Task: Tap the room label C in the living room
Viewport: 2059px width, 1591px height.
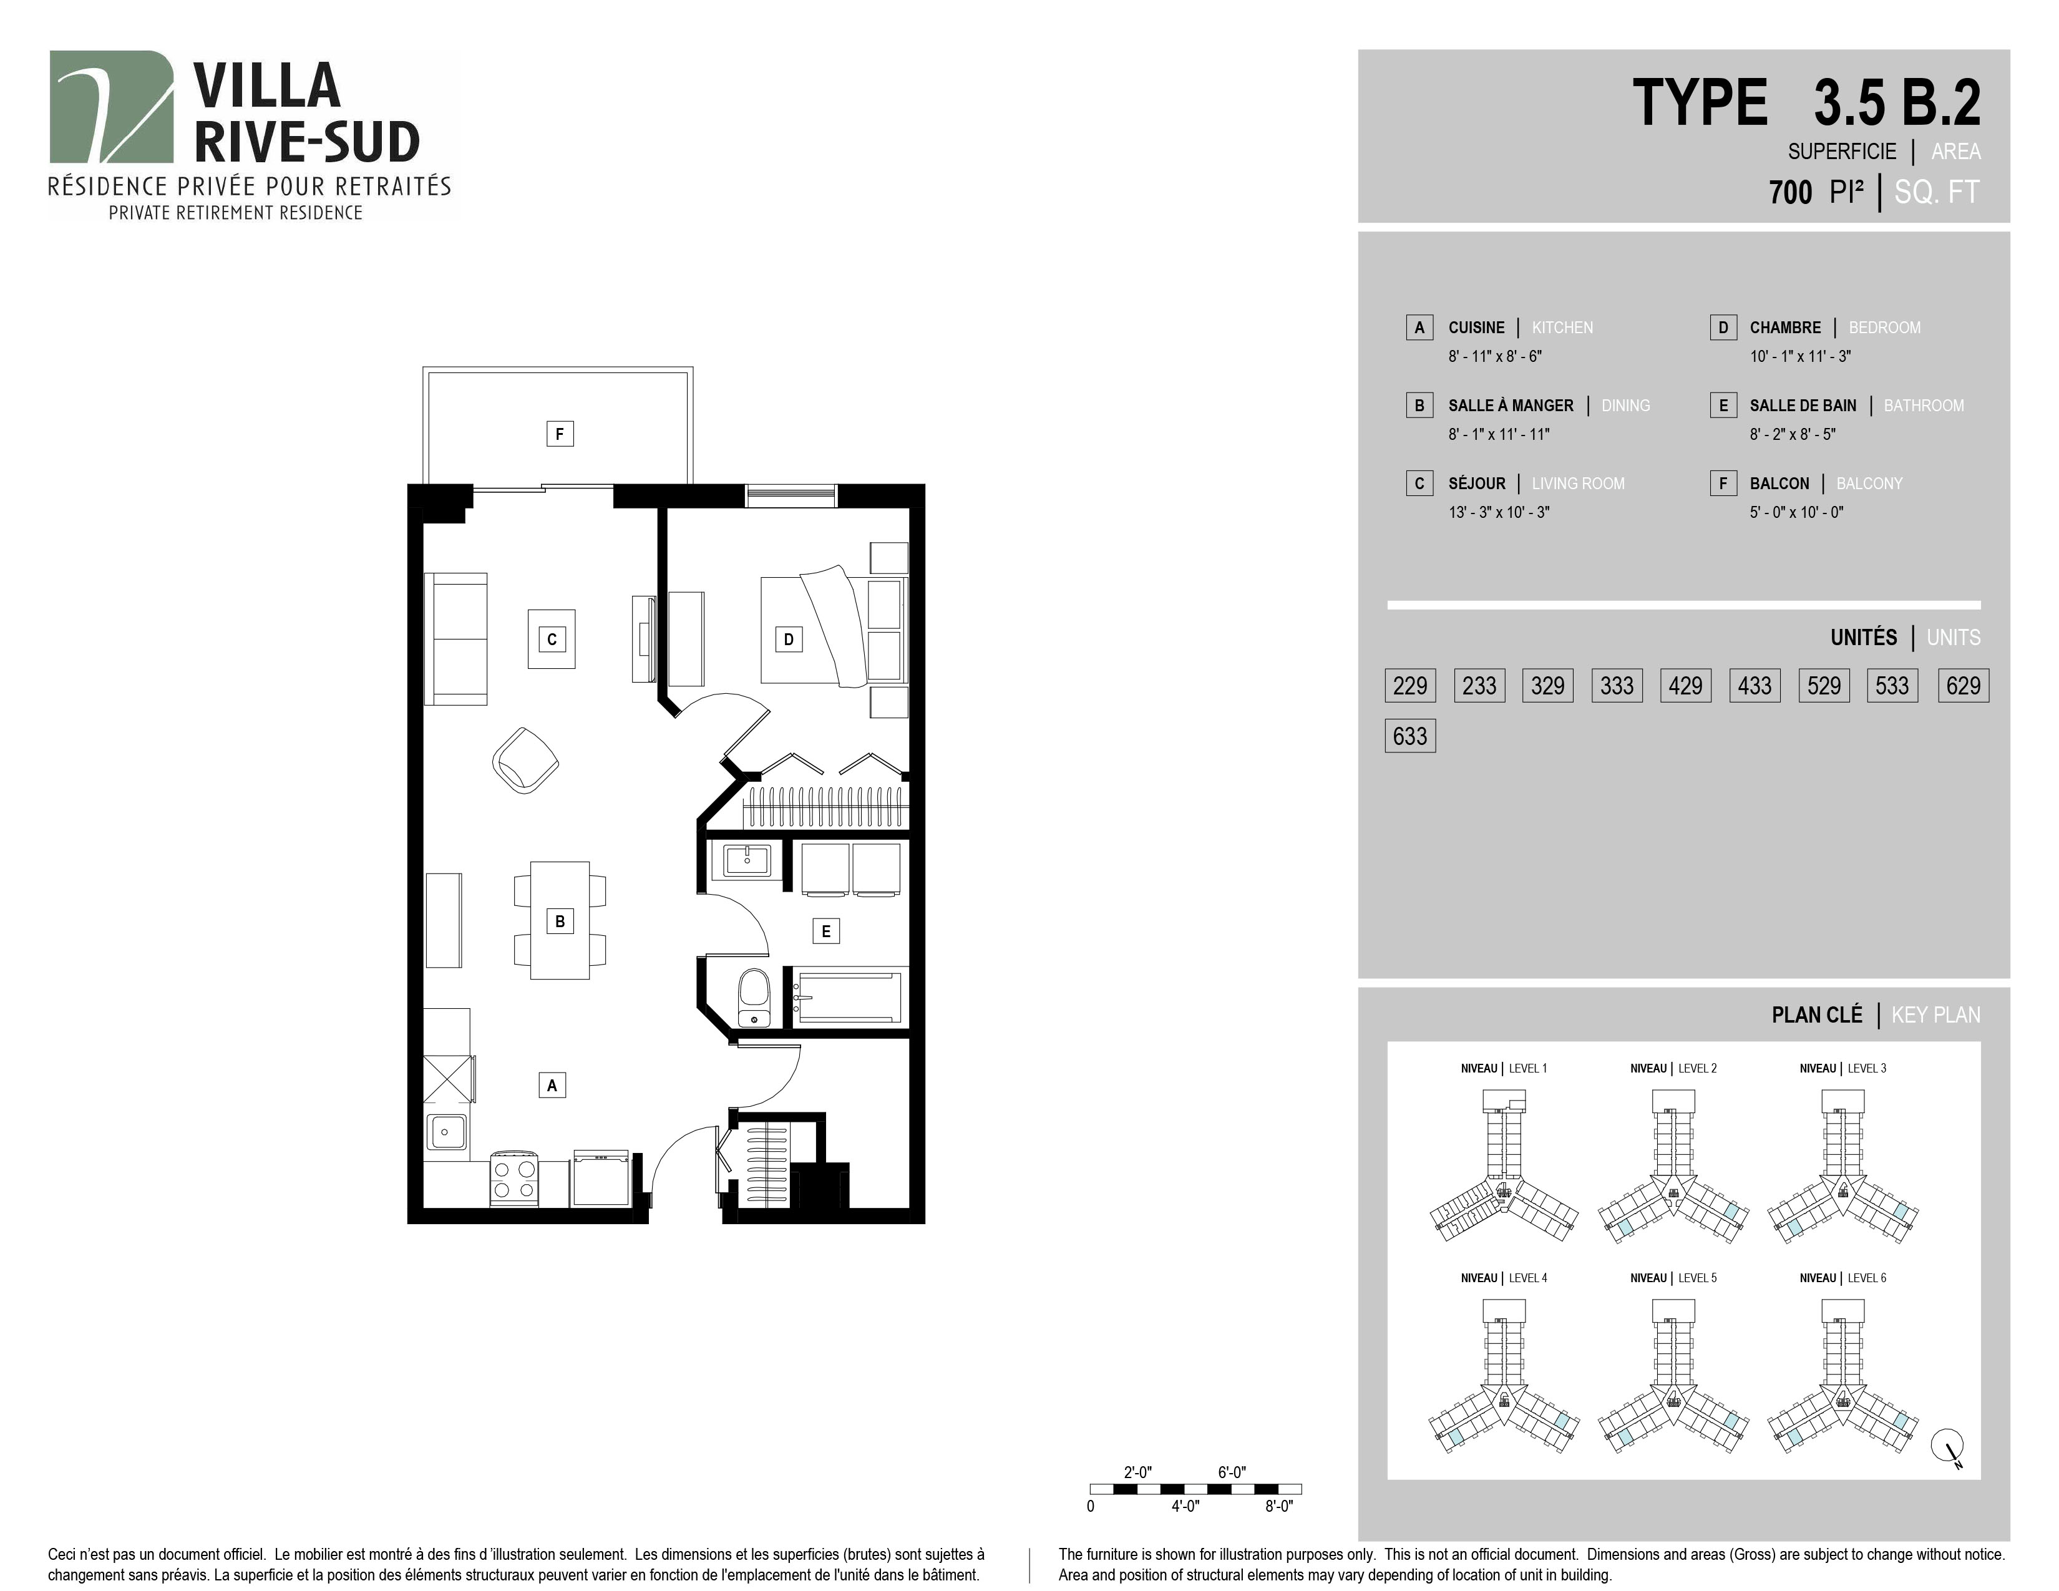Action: click(552, 639)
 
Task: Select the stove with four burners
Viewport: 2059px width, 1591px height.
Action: click(514, 1177)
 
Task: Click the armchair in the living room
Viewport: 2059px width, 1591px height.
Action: click(525, 760)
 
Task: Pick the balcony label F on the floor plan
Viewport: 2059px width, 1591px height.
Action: click(560, 434)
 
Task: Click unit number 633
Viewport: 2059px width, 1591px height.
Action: click(1410, 735)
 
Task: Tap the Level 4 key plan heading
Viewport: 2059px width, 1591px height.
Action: click(1504, 1278)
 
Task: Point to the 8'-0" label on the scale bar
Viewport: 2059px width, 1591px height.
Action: click(1278, 1506)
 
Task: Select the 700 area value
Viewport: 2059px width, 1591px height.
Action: click(1790, 192)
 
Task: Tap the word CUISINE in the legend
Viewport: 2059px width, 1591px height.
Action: click(1476, 327)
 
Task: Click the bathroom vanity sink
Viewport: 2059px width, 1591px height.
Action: click(747, 860)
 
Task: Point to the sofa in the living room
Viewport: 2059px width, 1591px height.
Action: click(456, 639)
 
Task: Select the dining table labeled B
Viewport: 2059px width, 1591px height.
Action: click(560, 920)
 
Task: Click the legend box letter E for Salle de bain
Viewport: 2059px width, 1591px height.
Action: click(1723, 406)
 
